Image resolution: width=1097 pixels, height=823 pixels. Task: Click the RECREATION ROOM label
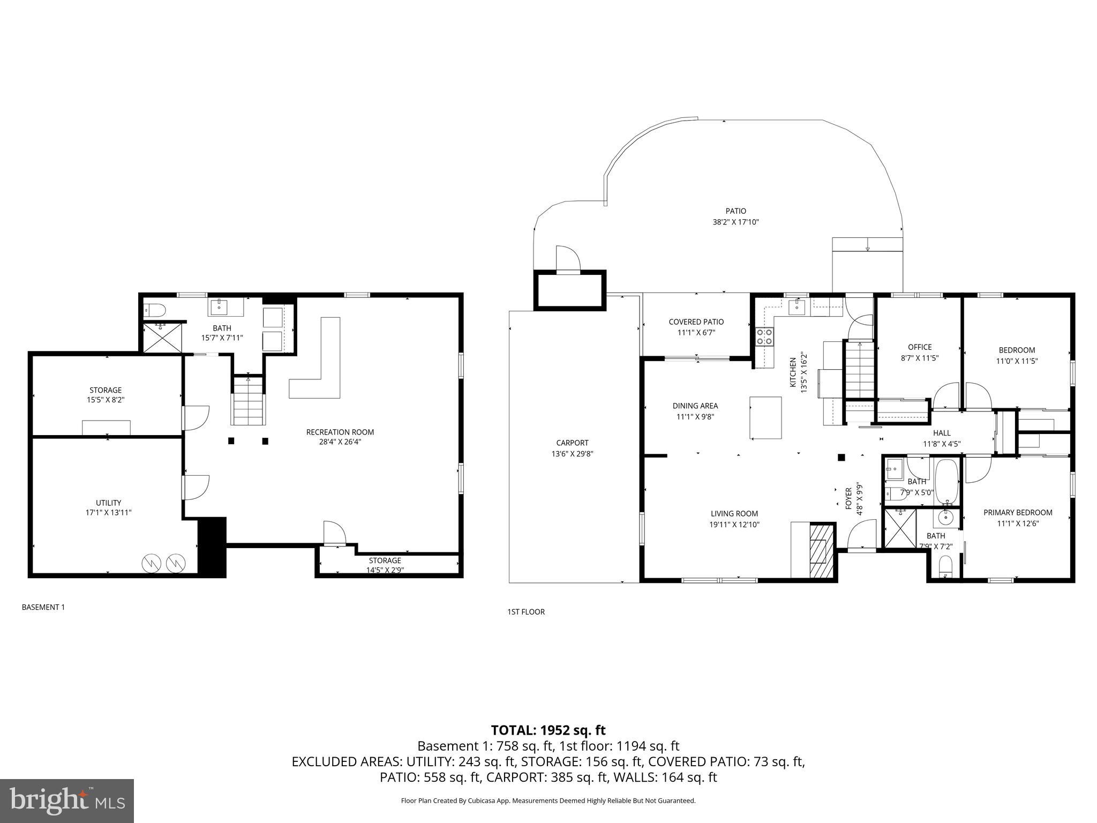tap(340, 432)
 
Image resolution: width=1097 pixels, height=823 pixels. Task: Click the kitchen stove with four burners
tap(764, 336)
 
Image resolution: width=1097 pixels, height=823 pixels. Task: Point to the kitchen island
tap(765, 417)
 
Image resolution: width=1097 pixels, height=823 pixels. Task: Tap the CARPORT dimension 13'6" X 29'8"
tap(572, 453)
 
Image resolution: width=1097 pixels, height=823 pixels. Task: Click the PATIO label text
tap(735, 211)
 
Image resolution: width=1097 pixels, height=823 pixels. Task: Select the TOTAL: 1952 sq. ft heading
tap(548, 730)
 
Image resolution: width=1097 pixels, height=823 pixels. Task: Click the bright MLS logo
tap(67, 800)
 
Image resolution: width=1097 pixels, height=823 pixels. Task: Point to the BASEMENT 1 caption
tap(43, 607)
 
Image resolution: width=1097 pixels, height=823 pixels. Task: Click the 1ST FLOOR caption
tap(525, 612)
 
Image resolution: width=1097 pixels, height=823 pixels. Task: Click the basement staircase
tap(248, 402)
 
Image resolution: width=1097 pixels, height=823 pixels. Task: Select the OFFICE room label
tap(919, 347)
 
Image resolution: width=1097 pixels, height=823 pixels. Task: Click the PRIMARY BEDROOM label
tap(1017, 512)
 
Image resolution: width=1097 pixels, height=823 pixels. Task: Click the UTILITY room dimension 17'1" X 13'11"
tap(108, 512)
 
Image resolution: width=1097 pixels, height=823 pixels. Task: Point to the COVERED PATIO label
tap(696, 321)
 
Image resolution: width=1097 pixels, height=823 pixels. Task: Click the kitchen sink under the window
tap(798, 307)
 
